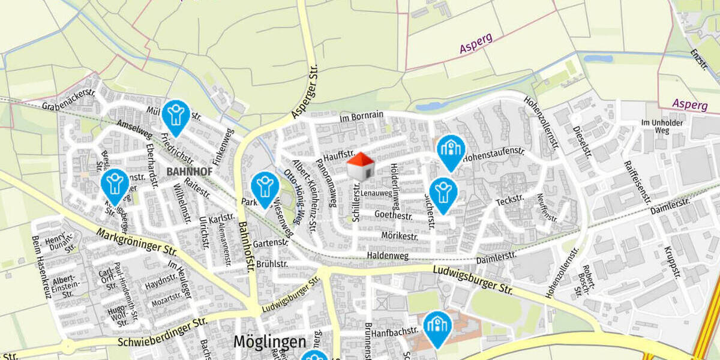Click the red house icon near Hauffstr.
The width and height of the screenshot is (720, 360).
361,167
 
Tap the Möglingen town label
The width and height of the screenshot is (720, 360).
269,342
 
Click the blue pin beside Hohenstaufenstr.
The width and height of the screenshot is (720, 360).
451,151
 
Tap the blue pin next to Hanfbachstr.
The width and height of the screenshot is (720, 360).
437,327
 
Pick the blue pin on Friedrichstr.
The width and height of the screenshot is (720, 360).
176,116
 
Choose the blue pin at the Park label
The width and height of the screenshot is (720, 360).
265,188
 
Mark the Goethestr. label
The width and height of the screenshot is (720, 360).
393,214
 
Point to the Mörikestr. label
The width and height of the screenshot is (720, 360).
400,236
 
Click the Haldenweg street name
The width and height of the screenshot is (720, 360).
388,256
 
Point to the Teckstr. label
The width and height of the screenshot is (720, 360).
511,200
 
